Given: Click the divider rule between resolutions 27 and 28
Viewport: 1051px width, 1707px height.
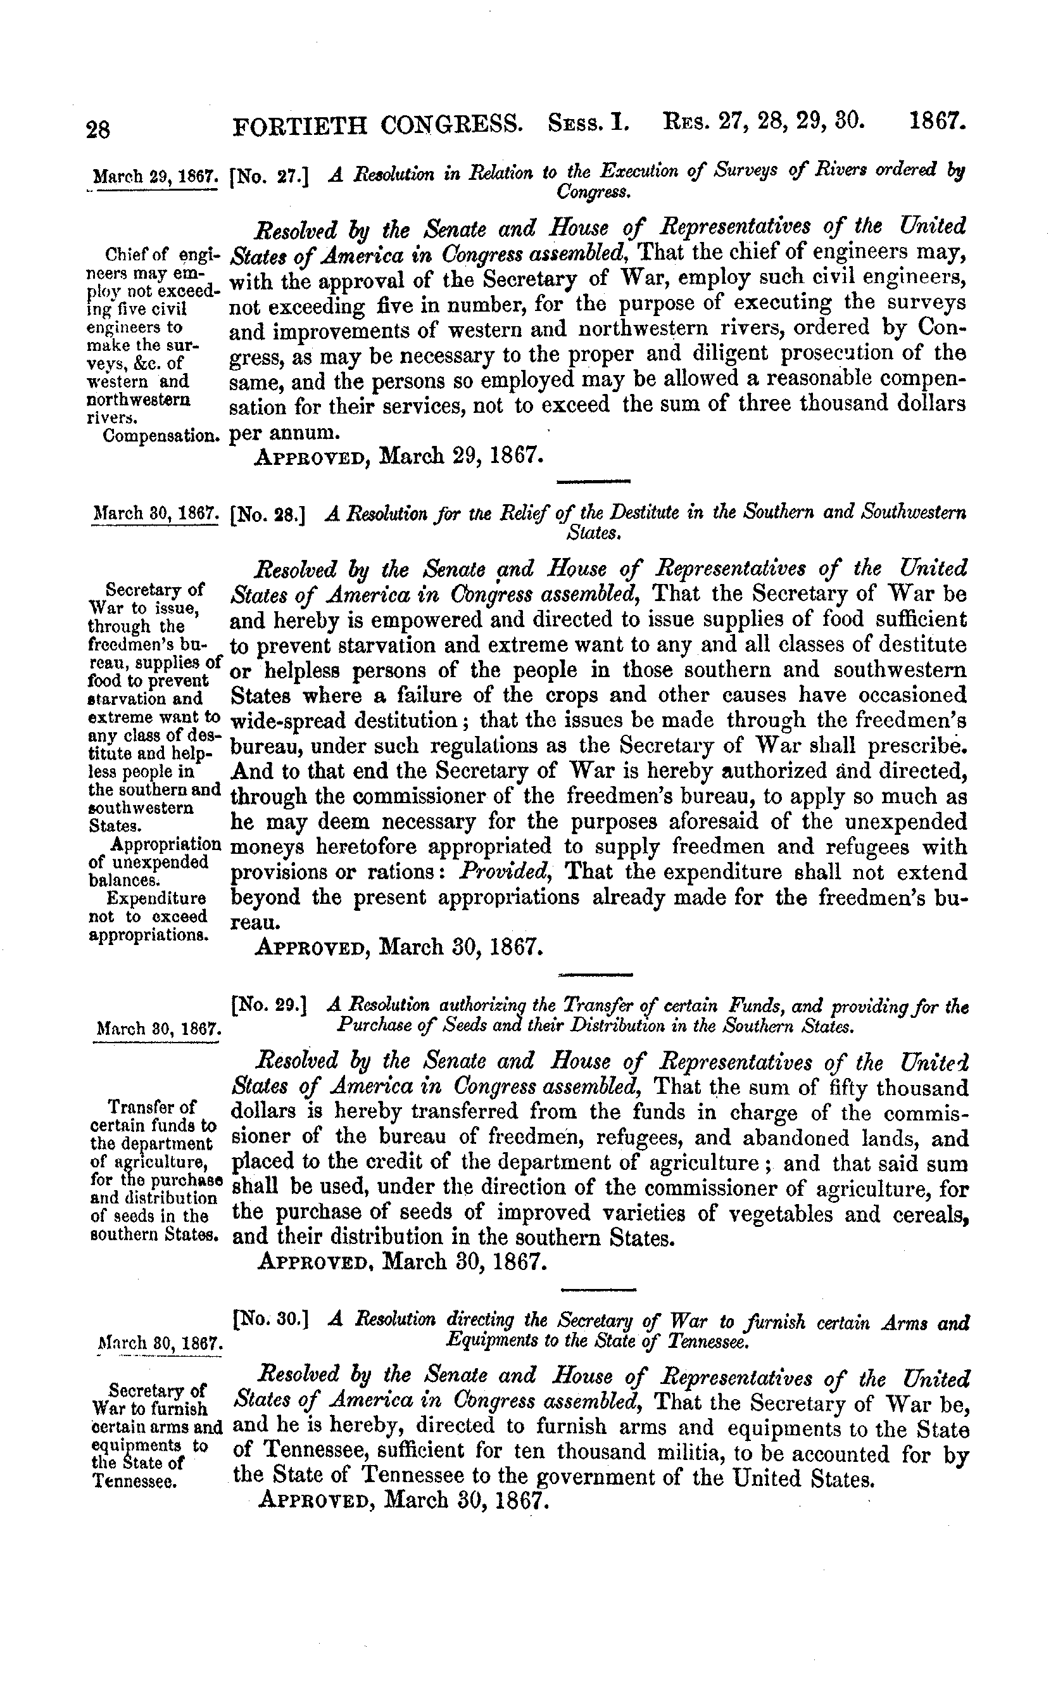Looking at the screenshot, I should click(594, 481).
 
